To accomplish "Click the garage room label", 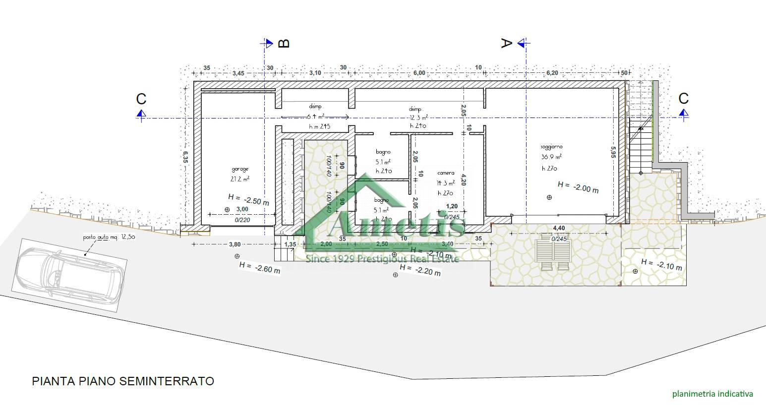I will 239,169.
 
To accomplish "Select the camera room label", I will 445,173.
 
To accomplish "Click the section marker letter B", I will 284,44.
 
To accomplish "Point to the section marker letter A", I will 505,44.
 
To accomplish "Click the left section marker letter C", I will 141,99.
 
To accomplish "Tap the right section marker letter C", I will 683,98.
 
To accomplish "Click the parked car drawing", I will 69,274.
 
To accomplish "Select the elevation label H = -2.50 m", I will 249,198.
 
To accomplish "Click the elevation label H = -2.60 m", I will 259,268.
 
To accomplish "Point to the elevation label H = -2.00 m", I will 578,187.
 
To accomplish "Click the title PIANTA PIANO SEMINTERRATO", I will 123,381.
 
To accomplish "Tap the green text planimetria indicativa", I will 712,394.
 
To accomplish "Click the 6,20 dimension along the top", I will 552,73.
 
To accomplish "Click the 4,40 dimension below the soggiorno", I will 559,228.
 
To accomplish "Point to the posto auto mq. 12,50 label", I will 109,237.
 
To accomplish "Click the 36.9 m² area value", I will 551,157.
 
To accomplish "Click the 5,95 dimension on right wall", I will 613,151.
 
